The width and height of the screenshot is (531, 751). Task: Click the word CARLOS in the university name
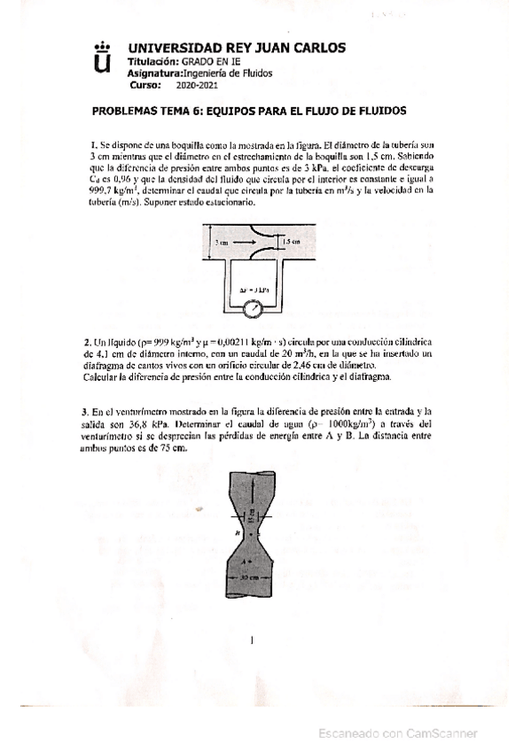[316, 48]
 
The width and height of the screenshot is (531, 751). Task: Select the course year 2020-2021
[196, 85]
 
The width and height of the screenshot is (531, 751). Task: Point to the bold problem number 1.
[93, 145]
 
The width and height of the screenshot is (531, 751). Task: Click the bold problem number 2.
[87, 341]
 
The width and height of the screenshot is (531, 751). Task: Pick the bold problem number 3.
[87, 412]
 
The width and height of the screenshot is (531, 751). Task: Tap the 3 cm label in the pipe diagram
[223, 240]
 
